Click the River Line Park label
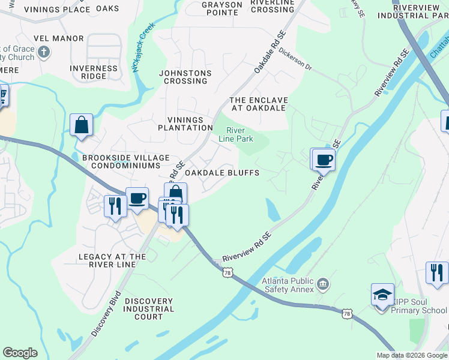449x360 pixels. click(240, 134)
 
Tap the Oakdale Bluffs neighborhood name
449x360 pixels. click(222, 173)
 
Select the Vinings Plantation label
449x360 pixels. click(185, 124)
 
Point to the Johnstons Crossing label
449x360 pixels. click(185, 77)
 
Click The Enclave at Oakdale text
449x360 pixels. click(259, 104)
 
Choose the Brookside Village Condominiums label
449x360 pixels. click(122, 161)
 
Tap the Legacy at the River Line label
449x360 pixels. click(112, 260)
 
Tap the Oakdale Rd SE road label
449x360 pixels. click(268, 54)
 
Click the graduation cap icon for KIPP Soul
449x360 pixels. click(382, 295)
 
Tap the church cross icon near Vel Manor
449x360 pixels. click(43, 53)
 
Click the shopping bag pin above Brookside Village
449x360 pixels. click(81, 125)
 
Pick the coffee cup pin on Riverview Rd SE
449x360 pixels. click(324, 160)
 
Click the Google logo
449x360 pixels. click(20, 353)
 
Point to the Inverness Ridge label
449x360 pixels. click(94, 72)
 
